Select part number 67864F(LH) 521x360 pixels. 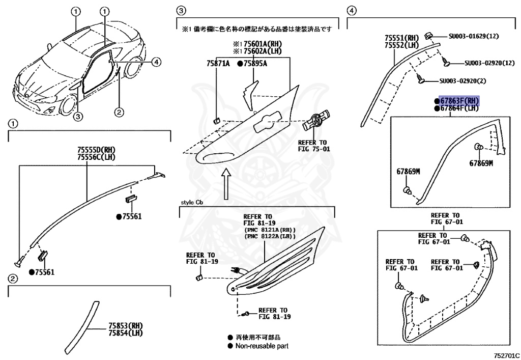tap(459, 108)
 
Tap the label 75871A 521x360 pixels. tap(218, 64)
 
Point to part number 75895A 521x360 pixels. tap(254, 64)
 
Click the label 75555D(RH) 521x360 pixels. tap(96, 150)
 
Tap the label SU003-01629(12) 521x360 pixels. tap(474, 37)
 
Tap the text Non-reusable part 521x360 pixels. tap(262, 346)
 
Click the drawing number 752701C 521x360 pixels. tap(506, 354)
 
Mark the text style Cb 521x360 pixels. tap(191, 202)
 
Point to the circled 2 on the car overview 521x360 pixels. tap(118, 112)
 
